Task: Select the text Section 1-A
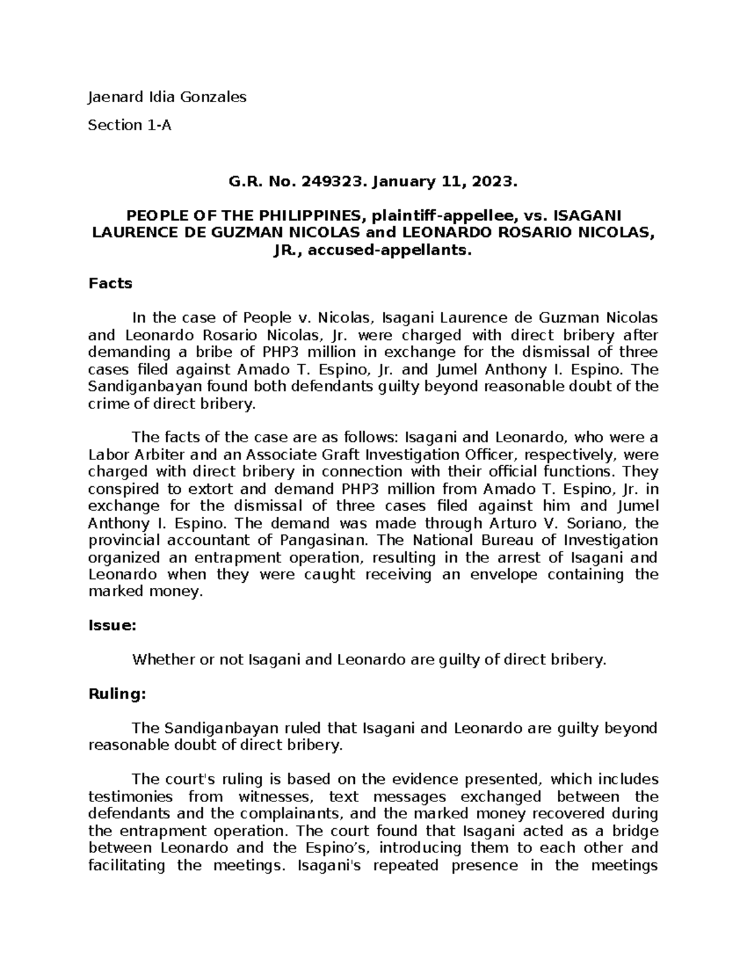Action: (x=129, y=125)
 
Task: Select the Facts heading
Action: (x=110, y=284)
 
